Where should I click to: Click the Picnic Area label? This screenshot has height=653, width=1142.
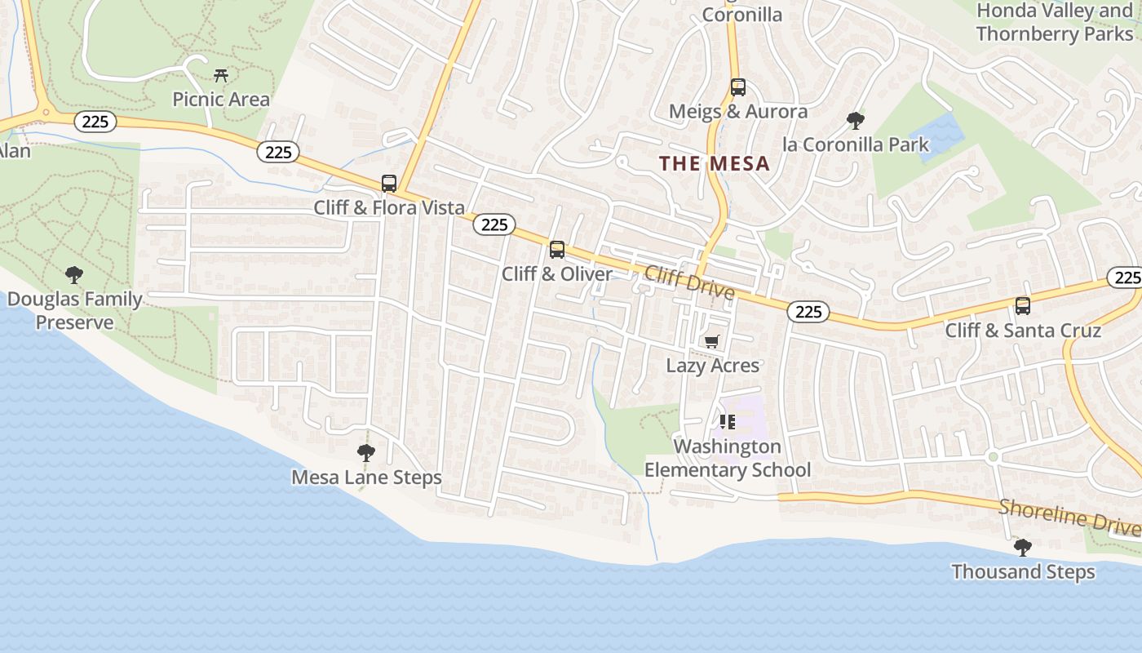click(x=220, y=100)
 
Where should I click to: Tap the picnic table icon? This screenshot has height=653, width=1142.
click(x=220, y=76)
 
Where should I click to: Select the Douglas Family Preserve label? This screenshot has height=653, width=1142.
click(x=74, y=311)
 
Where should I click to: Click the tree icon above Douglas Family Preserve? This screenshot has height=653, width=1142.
click(x=74, y=274)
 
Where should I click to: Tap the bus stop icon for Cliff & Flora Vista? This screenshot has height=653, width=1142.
click(x=389, y=184)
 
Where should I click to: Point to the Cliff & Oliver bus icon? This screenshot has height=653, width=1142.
click(x=557, y=250)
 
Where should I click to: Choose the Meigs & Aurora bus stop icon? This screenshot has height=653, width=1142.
click(x=738, y=87)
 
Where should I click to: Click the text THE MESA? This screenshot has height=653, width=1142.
click(x=715, y=163)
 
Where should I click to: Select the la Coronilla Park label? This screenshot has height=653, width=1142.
click(x=856, y=145)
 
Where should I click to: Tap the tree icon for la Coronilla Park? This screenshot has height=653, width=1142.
click(x=856, y=121)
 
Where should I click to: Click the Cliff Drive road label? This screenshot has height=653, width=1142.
click(x=689, y=281)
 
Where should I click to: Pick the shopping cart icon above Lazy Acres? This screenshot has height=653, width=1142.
click(x=712, y=341)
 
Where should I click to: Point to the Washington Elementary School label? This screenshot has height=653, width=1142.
click(x=728, y=458)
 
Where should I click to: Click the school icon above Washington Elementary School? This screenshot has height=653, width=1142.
click(x=728, y=422)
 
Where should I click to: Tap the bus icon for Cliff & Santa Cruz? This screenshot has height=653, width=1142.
click(x=1023, y=306)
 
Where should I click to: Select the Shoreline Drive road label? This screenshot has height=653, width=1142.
click(x=1069, y=518)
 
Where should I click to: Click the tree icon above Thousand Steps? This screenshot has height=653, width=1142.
click(x=1022, y=547)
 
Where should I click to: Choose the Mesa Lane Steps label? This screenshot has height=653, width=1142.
click(x=366, y=478)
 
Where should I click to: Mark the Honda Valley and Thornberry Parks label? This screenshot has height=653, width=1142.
click(x=1055, y=22)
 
